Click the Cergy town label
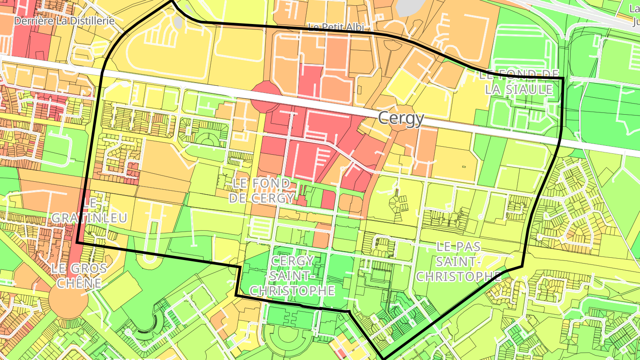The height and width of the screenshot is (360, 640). pyautogui.click(x=401, y=119)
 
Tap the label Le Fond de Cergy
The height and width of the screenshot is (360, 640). pyautogui.click(x=262, y=191)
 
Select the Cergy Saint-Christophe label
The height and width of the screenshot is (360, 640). pyautogui.click(x=292, y=276)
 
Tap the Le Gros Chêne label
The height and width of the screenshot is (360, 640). pyautogui.click(x=79, y=276)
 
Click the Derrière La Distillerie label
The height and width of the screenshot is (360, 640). pyautogui.click(x=64, y=21)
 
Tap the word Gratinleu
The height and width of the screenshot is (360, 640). pyautogui.click(x=90, y=218)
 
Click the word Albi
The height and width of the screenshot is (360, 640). pyautogui.click(x=354, y=28)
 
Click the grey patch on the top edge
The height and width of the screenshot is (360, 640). pyautogui.click(x=413, y=7)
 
